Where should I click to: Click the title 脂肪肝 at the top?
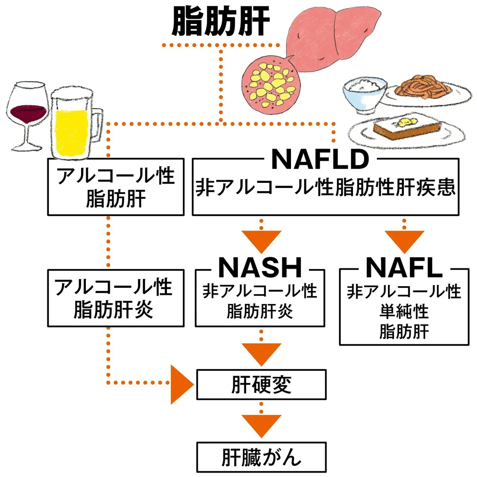coord(221,22)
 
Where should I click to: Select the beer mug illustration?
coord(74,125)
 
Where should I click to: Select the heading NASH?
coord(260,268)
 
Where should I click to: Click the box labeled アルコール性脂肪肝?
coord(116,187)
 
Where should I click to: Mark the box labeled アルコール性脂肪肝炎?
coord(116,298)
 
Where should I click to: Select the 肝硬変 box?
coord(261,384)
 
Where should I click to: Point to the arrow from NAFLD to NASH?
coord(261,240)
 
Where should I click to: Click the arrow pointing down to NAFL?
coord(404,240)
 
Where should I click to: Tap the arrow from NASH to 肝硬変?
coord(261,353)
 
